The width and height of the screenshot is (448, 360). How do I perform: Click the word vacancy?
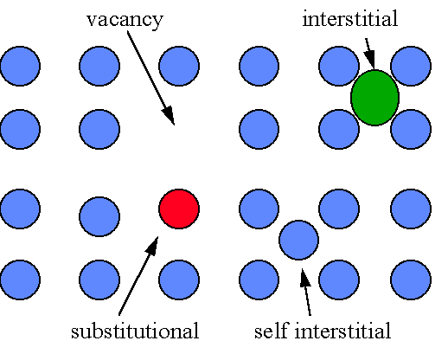click(x=125, y=20)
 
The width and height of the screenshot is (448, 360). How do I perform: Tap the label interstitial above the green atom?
click(x=350, y=18)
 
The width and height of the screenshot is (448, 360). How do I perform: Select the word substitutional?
click(x=135, y=331)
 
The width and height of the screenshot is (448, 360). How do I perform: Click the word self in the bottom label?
click(x=272, y=331)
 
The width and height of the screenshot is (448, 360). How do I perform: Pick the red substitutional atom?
click(x=179, y=209)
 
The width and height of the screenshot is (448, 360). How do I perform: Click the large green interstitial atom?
click(x=374, y=98)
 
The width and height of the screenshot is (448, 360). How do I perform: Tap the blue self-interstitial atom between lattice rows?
click(x=298, y=240)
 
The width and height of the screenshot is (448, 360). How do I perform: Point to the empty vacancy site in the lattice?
click(x=179, y=129)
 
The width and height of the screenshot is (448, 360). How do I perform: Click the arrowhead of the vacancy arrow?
click(x=170, y=116)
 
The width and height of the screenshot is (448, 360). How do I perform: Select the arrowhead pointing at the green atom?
click(x=370, y=60)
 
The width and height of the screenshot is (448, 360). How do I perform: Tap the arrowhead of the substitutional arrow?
click(x=152, y=246)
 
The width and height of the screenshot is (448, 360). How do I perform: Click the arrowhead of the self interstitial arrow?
click(x=304, y=278)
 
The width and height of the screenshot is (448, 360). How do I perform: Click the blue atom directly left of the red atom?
click(x=99, y=216)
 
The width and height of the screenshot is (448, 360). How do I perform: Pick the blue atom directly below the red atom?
click(x=179, y=280)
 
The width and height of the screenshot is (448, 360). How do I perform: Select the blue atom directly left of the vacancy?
click(x=99, y=129)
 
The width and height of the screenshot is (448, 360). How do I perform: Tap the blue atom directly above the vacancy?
click(x=179, y=66)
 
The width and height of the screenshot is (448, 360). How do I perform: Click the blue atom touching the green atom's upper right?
click(x=411, y=66)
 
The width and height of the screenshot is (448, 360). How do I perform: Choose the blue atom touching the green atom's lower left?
click(x=339, y=129)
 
